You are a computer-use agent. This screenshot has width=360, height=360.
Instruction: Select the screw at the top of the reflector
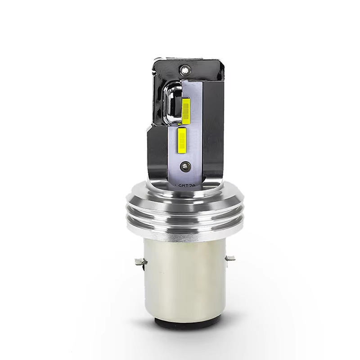coord(183,70)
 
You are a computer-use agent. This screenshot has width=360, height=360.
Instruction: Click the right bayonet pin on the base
coord(230,258)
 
